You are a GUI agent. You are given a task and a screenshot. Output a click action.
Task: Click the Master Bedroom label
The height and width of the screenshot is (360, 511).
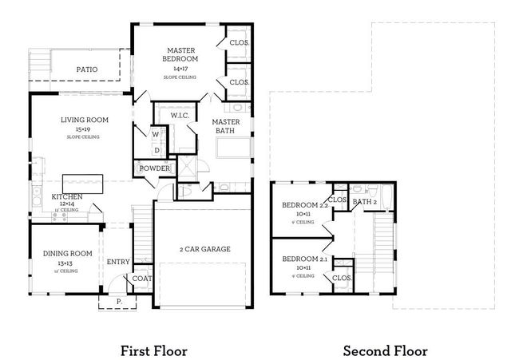[181, 54]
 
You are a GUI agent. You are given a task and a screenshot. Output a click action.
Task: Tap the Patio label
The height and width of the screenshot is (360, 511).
[87, 69]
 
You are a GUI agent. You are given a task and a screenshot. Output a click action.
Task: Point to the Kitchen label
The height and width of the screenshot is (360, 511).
[67, 196]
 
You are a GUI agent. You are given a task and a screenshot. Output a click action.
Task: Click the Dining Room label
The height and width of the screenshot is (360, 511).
[67, 254]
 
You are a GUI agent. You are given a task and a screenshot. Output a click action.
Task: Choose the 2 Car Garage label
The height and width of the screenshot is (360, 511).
[205, 249]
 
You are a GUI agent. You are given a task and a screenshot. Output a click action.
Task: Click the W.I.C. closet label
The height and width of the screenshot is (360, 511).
[180, 116]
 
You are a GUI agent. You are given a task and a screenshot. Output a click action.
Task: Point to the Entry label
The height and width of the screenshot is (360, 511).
[118, 261]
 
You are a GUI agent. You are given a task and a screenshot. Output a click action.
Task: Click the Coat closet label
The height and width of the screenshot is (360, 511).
[141, 279]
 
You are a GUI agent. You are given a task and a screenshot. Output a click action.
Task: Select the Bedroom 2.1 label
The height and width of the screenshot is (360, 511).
[300, 259]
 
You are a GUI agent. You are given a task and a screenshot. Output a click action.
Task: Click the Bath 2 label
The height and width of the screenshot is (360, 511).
[364, 202]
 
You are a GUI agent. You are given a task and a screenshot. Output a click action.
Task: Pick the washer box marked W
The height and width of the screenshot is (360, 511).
[156, 135]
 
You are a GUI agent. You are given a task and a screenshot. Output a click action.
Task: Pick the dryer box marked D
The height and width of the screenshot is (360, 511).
[156, 149]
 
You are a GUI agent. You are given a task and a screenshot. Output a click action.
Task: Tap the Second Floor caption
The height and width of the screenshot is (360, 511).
[386, 350]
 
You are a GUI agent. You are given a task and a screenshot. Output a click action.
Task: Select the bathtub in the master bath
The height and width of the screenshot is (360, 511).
[232, 148]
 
